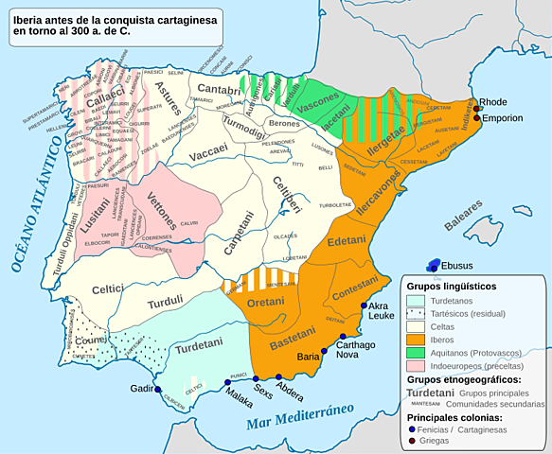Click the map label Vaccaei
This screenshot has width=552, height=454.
click(208, 149)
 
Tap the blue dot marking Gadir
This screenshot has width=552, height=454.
click(158, 390)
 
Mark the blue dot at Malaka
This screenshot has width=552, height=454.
click(227, 382)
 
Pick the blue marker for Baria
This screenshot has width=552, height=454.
click(325, 351)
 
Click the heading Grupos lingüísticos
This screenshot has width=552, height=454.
click(452, 286)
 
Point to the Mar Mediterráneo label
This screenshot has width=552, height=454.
click(300, 417)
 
